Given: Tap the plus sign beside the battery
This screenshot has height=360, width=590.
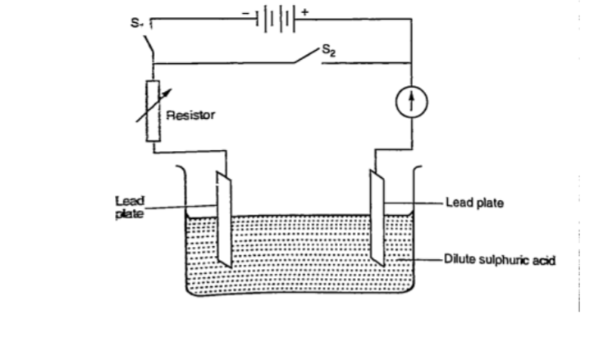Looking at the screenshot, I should (x=305, y=11).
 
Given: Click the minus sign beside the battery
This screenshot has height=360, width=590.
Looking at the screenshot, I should (x=247, y=11).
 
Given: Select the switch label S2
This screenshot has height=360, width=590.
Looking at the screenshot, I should (x=328, y=52).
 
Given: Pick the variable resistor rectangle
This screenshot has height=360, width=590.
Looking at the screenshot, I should (x=153, y=110).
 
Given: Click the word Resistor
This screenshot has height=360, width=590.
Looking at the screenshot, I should (x=190, y=116).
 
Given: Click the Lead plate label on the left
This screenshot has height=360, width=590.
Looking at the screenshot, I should (x=129, y=206).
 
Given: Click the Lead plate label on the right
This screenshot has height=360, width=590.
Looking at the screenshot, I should (x=474, y=202).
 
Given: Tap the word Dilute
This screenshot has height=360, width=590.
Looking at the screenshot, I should (x=459, y=261).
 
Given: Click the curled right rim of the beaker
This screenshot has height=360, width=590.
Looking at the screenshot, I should (x=418, y=172).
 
